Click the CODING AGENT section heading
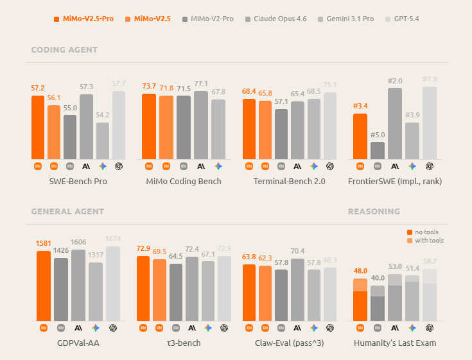coord(64,49)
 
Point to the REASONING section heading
coord(374,211)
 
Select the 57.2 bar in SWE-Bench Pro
coord(38,127)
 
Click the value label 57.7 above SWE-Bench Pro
coord(119,84)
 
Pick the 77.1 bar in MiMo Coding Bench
coord(201,125)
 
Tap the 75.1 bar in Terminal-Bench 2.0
coord(330,126)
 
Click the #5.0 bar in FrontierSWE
coord(378,150)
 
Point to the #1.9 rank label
coord(430,80)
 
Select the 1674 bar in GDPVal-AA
coord(113,284)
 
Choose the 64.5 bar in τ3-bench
coord(176,292)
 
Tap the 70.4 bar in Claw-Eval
coord(297,289)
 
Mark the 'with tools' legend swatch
coord(410,241)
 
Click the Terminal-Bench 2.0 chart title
coord(289,182)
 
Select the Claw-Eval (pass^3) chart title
coord(289,343)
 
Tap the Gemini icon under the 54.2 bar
coord(103,166)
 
